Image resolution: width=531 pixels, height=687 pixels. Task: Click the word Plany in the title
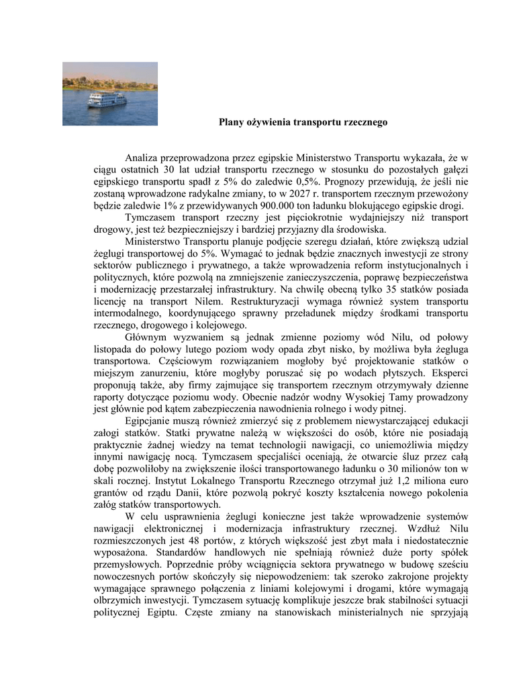[x=232, y=123]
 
